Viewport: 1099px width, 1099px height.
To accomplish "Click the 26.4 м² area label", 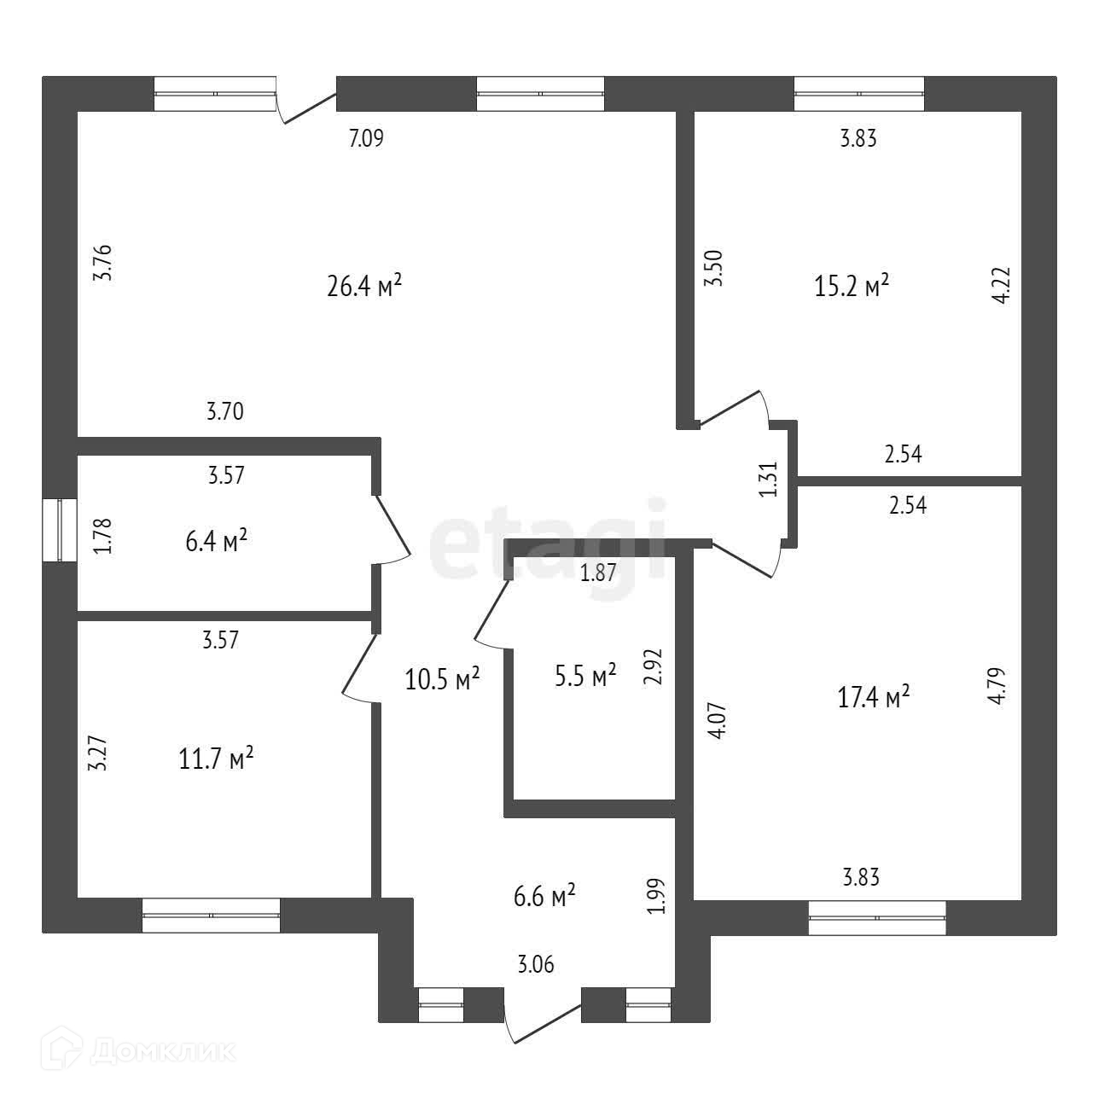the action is click(364, 286).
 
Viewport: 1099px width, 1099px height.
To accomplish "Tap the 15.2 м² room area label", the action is click(852, 286).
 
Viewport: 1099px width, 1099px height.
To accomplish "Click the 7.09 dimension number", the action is click(367, 138).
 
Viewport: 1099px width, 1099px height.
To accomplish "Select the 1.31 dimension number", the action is click(769, 480).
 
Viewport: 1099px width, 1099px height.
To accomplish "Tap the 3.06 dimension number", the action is click(536, 965).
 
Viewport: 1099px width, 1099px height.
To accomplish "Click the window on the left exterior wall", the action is click(60, 530).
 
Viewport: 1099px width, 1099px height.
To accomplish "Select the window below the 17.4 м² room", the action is click(877, 917).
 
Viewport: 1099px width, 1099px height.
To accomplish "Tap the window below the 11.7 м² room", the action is click(211, 915).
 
